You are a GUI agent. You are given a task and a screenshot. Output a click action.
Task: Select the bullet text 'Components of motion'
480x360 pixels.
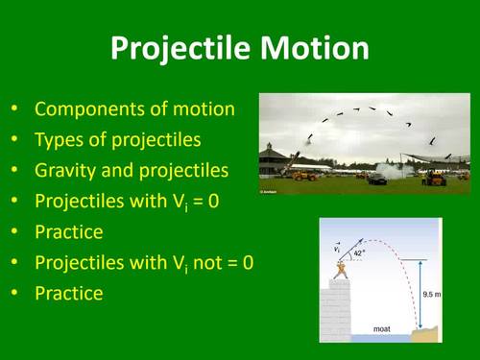[x=134, y=108]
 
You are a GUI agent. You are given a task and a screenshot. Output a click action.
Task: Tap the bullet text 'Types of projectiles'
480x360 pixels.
[x=118, y=139]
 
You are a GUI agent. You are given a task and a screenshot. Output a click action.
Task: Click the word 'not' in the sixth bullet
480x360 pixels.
[x=203, y=262]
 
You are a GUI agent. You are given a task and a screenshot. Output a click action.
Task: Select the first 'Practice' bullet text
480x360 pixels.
[x=68, y=231]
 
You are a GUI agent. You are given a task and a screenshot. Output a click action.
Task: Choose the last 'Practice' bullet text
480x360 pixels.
[x=68, y=293]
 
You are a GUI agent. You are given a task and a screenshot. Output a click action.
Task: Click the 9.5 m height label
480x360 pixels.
[x=431, y=295]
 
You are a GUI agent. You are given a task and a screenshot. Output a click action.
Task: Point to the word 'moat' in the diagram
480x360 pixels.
[x=381, y=328]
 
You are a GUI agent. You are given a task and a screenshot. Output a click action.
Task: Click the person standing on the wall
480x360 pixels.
[x=337, y=271]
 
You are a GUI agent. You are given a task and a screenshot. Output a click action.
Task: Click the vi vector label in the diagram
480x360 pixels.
[x=337, y=248]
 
